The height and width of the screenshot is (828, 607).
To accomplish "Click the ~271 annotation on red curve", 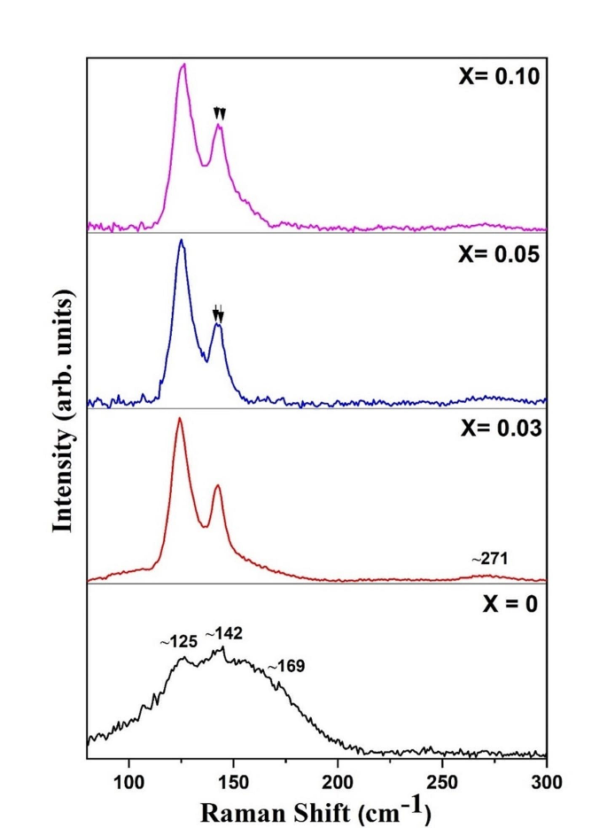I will click(x=489, y=559).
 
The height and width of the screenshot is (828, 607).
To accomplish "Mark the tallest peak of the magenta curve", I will click(x=183, y=65).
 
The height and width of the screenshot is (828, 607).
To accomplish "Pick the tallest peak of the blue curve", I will click(x=181, y=240).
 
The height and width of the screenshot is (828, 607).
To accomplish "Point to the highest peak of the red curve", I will click(x=180, y=418).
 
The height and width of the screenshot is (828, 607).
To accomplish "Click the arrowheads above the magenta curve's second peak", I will click(x=220, y=113).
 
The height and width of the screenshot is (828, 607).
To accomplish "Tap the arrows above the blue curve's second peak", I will click(x=218, y=313).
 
